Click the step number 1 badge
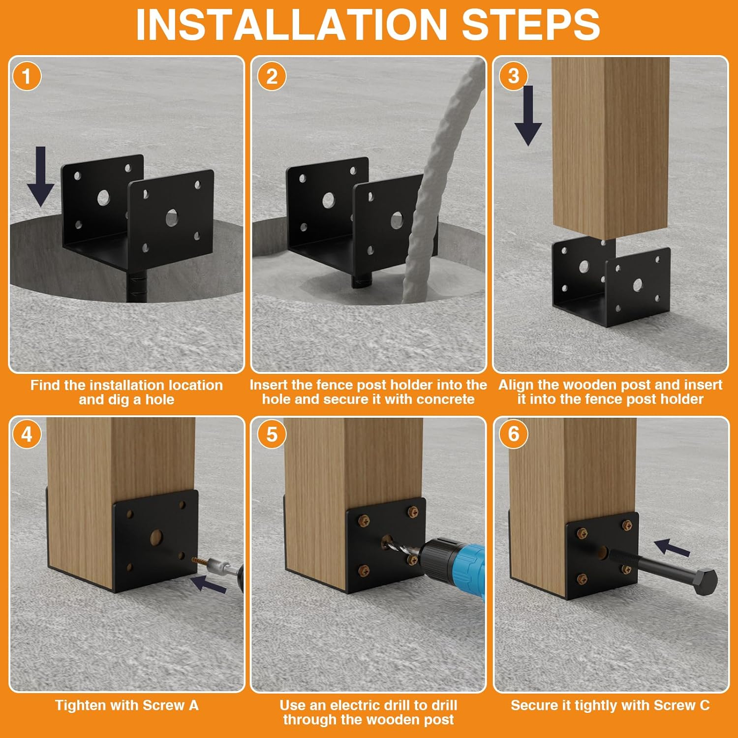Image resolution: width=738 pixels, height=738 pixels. pos(27,76)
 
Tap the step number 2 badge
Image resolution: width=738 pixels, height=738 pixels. pos(272,76)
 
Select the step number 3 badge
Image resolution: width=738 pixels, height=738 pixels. pos(514,76)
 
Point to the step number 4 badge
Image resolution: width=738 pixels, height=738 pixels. pos(27,434)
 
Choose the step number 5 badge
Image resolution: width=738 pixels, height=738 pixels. pos(272,434)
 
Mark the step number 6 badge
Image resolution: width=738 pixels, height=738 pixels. pos(514,433)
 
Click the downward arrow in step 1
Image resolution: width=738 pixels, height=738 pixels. pos(40,177)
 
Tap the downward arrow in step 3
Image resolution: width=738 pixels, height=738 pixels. pos(528,116)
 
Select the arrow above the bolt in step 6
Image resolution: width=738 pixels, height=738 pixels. pos(672,547)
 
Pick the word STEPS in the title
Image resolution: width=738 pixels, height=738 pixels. pos(531,25)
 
